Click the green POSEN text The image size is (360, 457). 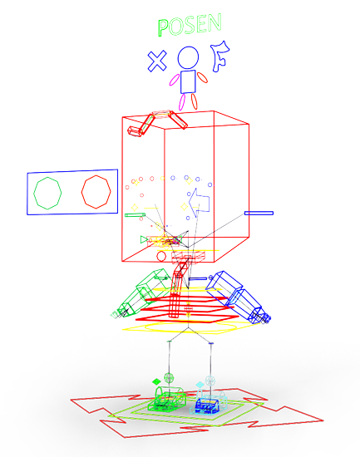pos(190,25)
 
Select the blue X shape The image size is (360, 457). pos(157,61)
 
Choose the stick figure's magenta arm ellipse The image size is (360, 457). pos(175,80)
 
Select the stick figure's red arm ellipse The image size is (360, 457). pos(202,77)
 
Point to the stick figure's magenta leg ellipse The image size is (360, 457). pos(182,102)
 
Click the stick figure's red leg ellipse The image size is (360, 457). pos(194,101)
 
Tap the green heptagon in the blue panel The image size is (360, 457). pos(34,193)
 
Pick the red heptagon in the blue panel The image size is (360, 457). pos(82,192)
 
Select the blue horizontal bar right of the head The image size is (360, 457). pos(259,213)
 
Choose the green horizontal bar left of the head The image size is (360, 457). pos(135,215)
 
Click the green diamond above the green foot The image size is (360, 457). pos(156,381)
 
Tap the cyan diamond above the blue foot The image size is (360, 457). pos(200,385)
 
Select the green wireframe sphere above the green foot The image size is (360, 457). pos(169,378)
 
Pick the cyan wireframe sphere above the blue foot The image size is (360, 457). pos(210,381)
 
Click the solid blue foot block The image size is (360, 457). pos(207,405)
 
